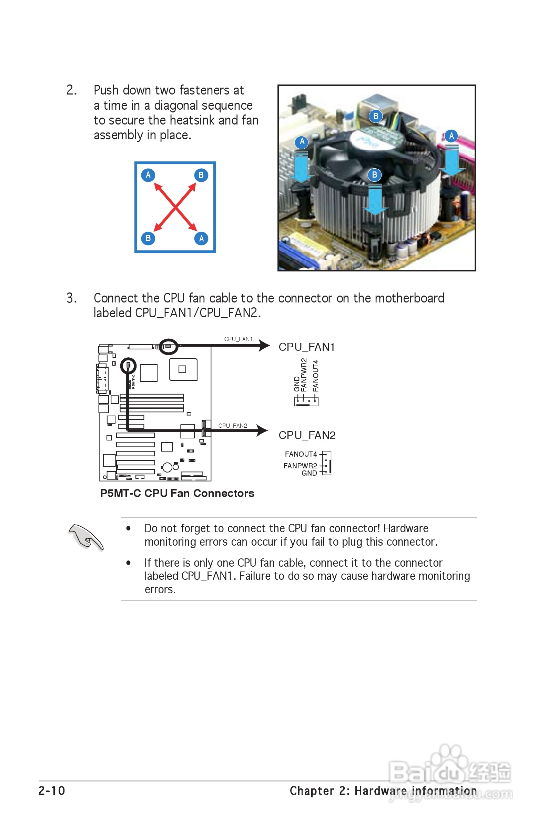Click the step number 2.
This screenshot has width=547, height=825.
[x=71, y=90]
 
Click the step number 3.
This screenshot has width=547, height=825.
[x=71, y=298]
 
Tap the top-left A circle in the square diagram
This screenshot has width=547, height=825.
[x=148, y=175]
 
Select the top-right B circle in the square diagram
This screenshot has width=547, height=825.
[x=201, y=175]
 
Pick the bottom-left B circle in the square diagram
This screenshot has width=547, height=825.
[x=148, y=238]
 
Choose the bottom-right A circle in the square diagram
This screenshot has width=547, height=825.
[x=201, y=239]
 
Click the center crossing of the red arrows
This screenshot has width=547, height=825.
[x=175, y=207]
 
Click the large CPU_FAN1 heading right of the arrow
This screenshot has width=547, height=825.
[x=306, y=347]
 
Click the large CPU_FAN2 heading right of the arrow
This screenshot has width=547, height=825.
[x=307, y=436]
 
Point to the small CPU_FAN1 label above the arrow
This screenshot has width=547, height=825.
[x=238, y=339]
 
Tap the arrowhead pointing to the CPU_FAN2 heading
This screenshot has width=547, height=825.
[x=262, y=431]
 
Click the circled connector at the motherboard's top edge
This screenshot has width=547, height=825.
[x=169, y=347]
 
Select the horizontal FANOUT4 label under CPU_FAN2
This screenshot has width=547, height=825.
[x=301, y=454]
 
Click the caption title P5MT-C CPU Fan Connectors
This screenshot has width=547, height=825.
[x=177, y=494]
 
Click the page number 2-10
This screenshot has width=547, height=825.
[x=52, y=791]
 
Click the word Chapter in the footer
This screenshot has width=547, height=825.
[x=312, y=791]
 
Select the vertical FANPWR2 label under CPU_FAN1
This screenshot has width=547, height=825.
[x=304, y=375]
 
